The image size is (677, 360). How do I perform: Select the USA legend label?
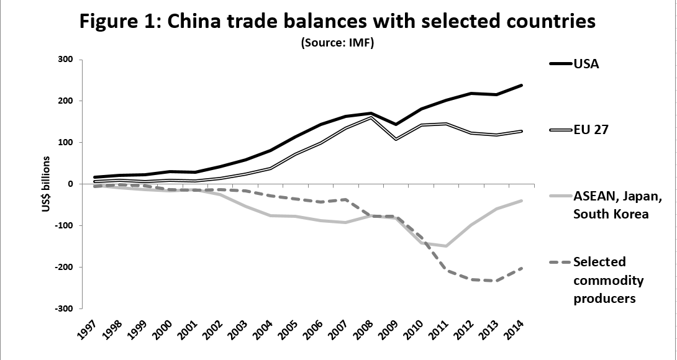(586, 64)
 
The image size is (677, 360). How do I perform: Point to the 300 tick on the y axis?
(65, 60)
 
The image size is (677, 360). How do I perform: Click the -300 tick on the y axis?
(64, 308)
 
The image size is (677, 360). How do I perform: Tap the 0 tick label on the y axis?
(71, 184)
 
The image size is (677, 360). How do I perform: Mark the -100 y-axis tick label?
(64, 225)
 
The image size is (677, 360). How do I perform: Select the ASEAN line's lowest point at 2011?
(445, 246)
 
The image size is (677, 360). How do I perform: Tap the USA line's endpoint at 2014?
(521, 85)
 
